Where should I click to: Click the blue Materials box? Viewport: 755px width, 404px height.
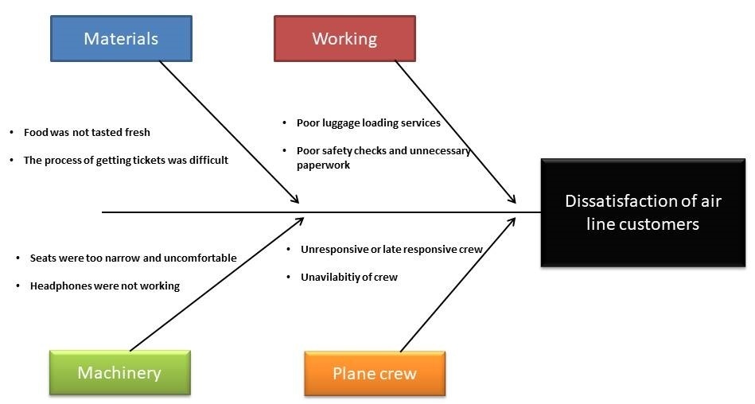pos(121,39)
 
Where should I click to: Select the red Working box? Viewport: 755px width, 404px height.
pos(344,39)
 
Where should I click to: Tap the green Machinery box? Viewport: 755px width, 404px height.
pos(119,373)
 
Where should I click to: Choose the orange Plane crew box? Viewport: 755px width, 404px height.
pos(375,374)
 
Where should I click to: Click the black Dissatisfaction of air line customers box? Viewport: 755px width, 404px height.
pos(643,212)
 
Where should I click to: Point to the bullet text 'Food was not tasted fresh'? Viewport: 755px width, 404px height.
pos(87,132)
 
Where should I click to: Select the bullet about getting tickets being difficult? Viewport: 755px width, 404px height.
pos(126,160)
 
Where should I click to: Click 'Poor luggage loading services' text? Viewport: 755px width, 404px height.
pos(368,123)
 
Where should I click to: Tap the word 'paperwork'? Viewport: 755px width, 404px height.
pos(323,165)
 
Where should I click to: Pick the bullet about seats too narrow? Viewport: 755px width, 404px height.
pos(133,258)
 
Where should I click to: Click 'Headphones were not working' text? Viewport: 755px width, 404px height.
pos(104,286)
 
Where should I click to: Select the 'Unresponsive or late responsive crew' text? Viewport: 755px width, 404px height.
pos(391,249)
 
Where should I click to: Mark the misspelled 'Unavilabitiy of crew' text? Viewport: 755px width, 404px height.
pos(348,277)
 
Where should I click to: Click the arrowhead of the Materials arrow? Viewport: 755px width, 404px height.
pos(295,201)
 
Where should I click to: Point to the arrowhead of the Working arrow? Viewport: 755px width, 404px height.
pos(513,201)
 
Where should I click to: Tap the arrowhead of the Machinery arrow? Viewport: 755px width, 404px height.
pos(300,219)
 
